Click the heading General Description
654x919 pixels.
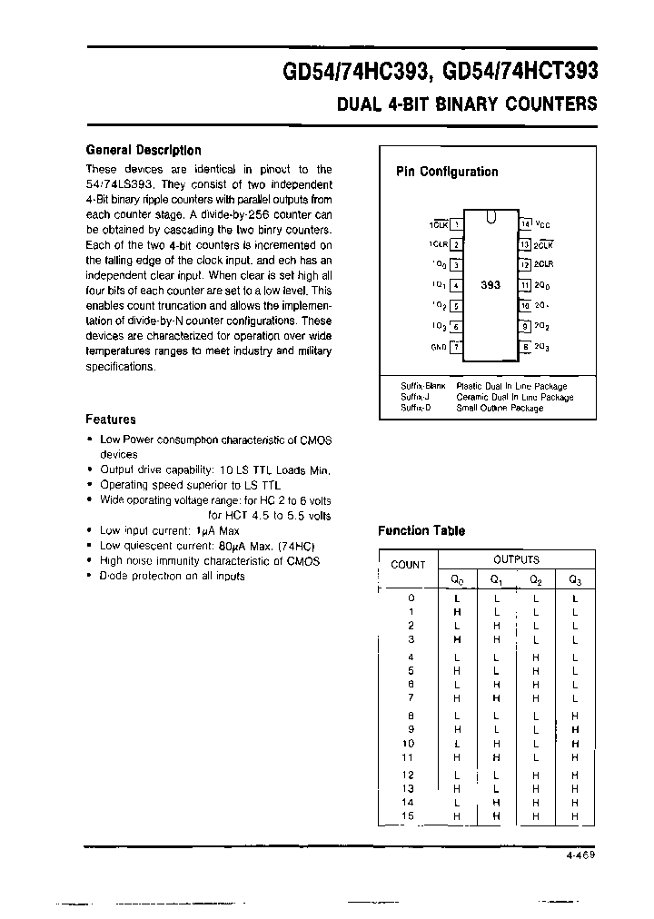click(x=144, y=150)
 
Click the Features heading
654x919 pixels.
click(x=111, y=420)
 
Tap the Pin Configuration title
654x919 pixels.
click(x=447, y=172)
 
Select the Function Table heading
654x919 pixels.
click(x=421, y=531)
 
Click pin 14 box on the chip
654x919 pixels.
click(x=525, y=223)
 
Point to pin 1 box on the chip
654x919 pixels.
click(x=457, y=223)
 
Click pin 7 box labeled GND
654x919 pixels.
click(x=457, y=346)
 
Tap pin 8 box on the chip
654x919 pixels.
click(x=525, y=346)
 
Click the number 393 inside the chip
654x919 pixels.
click(x=490, y=284)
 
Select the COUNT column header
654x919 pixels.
click(x=408, y=565)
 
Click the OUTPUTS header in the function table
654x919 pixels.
click(x=516, y=559)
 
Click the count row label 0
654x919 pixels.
click(x=411, y=598)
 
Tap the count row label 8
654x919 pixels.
click(x=411, y=716)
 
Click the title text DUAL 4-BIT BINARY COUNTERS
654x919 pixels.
click(x=467, y=104)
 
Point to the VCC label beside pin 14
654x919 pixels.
click(x=542, y=223)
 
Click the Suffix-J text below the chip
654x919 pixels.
click(x=417, y=397)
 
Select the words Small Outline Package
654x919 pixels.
click(x=500, y=408)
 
